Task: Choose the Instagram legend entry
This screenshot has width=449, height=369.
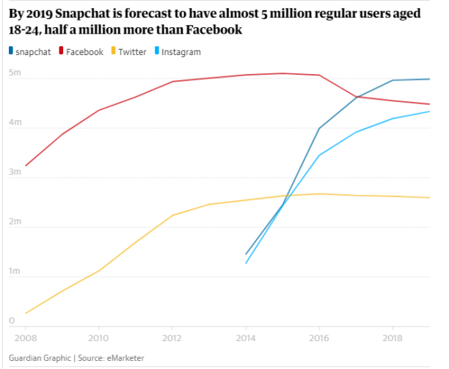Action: pos(180,52)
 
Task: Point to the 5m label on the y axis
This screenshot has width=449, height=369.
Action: pos(14,73)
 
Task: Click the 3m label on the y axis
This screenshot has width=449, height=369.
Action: pos(14,172)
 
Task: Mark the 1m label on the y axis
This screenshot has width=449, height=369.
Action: pos(14,271)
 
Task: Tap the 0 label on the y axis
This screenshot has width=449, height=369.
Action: pos(12,321)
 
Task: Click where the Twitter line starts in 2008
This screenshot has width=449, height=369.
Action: pos(26,314)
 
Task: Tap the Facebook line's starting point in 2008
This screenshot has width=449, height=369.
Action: pos(26,166)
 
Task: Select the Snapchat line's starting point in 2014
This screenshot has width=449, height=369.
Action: pos(246,255)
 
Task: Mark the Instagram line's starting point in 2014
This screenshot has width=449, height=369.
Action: pos(246,263)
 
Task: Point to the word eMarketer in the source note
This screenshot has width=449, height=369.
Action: pos(124,358)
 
